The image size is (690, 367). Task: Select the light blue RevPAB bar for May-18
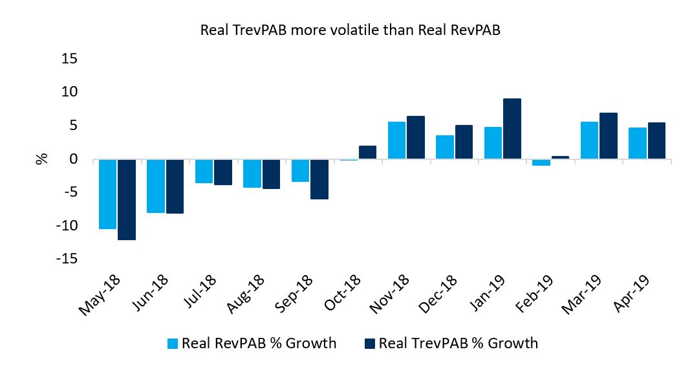coord(108,194)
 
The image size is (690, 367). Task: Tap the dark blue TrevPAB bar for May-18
coord(127,199)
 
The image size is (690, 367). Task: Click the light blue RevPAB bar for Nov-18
coord(396,140)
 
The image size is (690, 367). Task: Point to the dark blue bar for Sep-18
coord(319,179)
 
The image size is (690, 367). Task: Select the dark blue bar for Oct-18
coord(367,152)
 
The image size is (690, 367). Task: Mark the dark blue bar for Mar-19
coord(609,136)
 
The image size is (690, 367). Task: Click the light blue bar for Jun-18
coord(156,186)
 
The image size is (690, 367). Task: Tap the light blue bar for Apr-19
coord(638,143)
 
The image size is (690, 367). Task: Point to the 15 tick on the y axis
coord(69,59)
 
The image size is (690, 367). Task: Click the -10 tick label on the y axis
coord(65,226)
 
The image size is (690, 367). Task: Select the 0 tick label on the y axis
coord(73,159)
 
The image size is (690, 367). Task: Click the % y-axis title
coord(42,159)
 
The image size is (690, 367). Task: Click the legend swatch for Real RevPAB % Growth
coord(173,343)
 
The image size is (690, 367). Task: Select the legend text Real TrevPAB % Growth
coord(458,343)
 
